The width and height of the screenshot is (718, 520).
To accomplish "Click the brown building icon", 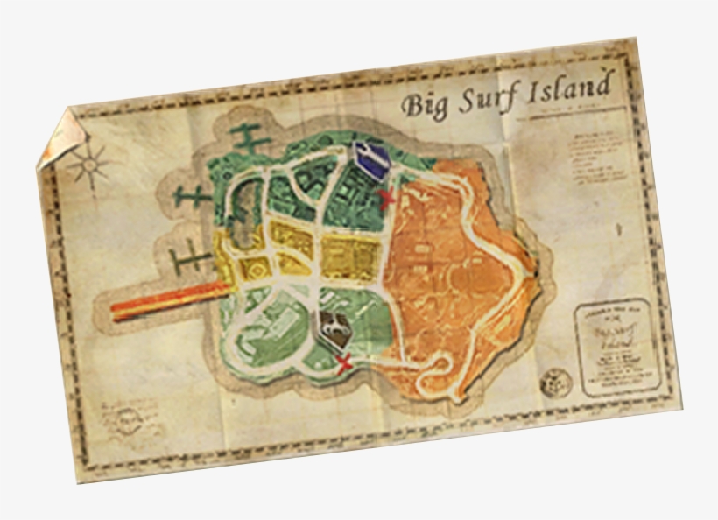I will click(x=333, y=327).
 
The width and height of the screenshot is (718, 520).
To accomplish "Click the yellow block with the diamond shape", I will click(x=255, y=272).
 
